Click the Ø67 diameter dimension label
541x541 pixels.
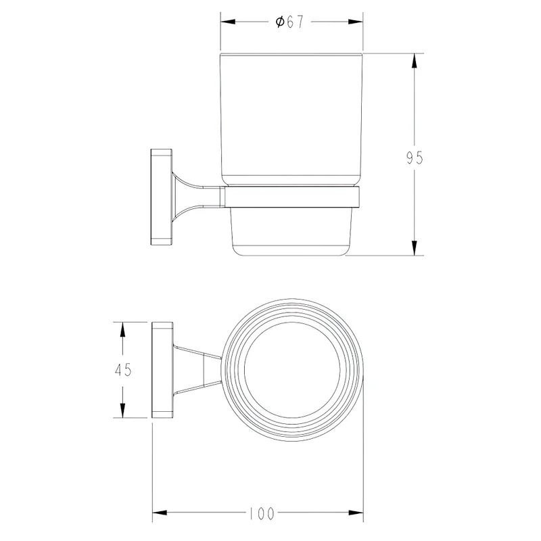(x=289, y=22)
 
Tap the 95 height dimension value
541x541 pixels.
(x=414, y=158)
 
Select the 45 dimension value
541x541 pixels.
(x=123, y=370)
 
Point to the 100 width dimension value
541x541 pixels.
(x=261, y=513)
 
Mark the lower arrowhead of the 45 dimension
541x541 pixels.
(x=122, y=410)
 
